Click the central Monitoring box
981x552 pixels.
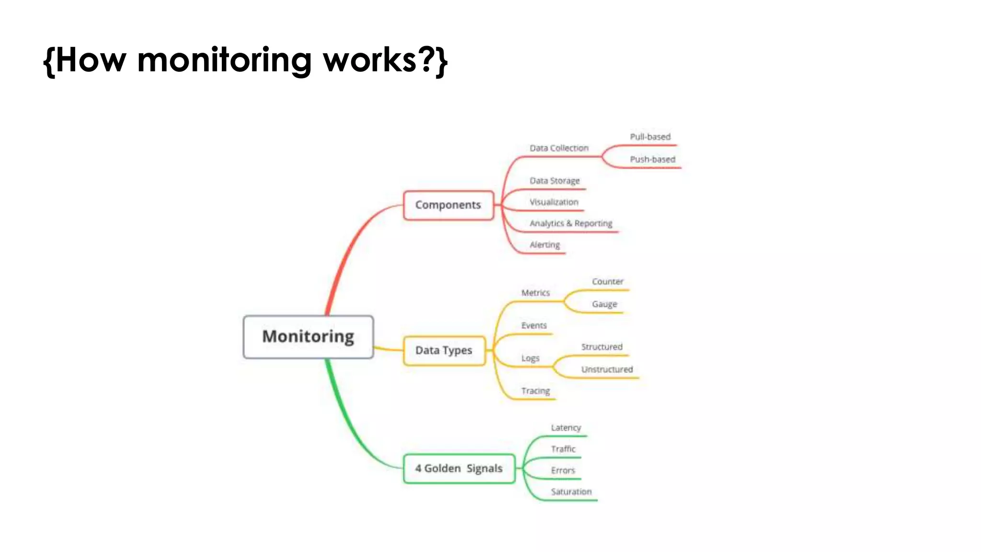pos(308,336)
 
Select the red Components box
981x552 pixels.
pos(448,205)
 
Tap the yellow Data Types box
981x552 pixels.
pos(444,350)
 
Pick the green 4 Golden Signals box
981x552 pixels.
pos(459,468)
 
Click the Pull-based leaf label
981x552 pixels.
pos(650,137)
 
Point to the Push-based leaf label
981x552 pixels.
pos(652,160)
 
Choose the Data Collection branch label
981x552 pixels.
pos(559,149)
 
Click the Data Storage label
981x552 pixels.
pos(555,181)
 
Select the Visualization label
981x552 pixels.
pos(554,202)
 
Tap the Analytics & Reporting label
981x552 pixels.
pos(570,223)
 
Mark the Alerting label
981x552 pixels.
pos(545,245)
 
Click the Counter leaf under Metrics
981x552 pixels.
pos(607,282)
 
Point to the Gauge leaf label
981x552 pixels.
pos(605,304)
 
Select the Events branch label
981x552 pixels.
pos(534,326)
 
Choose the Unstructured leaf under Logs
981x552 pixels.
pos(607,369)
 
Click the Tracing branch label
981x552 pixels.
pos(536,391)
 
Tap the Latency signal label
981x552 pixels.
pos(566,428)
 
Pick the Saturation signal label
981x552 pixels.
pos(571,492)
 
